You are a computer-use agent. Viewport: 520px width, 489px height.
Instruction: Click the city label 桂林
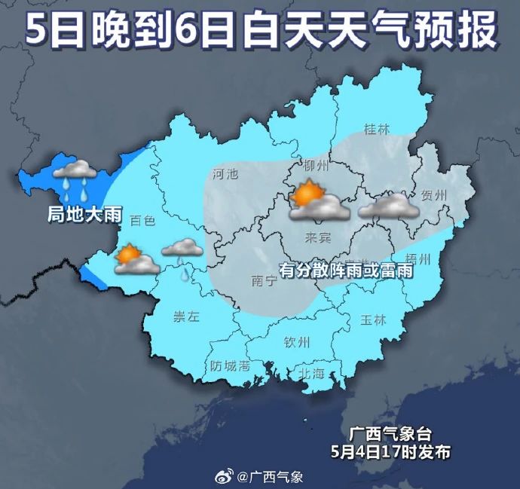(x=376, y=129)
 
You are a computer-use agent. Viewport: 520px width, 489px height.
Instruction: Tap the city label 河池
(x=225, y=174)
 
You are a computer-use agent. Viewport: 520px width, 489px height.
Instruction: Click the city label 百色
(x=142, y=221)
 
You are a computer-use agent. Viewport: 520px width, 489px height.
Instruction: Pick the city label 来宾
(x=317, y=238)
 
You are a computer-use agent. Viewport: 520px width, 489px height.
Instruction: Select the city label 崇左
(x=185, y=317)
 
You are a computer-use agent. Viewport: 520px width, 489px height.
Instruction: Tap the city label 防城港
(x=230, y=367)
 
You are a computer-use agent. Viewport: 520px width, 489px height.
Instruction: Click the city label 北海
(x=310, y=373)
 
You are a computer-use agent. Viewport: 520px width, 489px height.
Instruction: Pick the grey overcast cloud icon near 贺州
(x=388, y=206)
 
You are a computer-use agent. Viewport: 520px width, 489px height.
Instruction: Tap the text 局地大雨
(x=84, y=214)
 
